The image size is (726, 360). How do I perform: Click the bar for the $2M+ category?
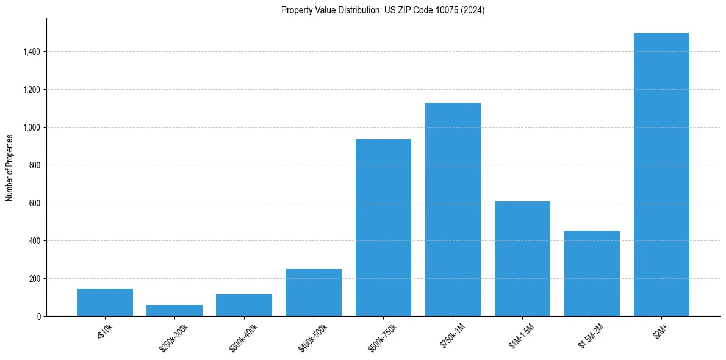click(661, 175)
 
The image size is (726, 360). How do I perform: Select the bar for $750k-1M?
click(453, 209)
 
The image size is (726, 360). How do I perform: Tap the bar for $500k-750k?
click(383, 228)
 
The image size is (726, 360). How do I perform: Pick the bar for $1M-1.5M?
click(522, 259)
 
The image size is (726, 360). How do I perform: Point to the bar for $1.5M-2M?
click(592, 273)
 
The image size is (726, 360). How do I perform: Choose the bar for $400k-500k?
click(314, 293)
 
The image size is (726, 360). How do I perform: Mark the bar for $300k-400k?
click(244, 305)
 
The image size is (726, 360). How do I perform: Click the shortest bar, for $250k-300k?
click(174, 311)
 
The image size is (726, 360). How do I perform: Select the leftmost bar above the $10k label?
click(105, 303)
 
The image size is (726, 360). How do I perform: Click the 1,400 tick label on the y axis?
click(32, 52)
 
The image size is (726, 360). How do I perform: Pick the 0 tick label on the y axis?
click(38, 317)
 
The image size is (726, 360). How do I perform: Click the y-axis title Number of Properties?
click(9, 167)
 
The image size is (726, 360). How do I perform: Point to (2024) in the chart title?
click(473, 10)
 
